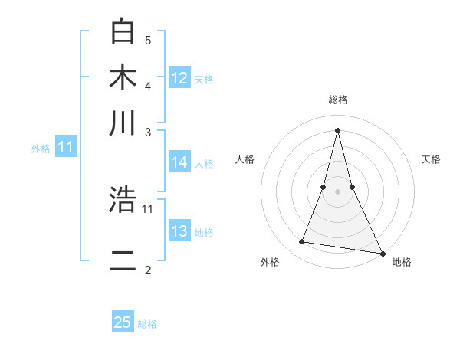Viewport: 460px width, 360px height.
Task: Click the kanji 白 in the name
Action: (x=123, y=33)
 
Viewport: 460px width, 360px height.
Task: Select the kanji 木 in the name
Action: (x=123, y=78)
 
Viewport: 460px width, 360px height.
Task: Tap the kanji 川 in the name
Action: (x=123, y=123)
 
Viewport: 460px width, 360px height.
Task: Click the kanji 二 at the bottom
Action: (x=123, y=261)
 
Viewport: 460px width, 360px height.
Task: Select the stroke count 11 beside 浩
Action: (x=148, y=208)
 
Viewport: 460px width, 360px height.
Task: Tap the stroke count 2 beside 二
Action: (x=148, y=270)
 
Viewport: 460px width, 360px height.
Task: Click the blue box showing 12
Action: (x=179, y=77)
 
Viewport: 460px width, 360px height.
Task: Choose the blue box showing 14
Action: (x=179, y=162)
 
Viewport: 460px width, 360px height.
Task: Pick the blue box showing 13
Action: (x=179, y=231)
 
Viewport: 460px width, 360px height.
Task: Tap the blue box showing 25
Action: (x=123, y=322)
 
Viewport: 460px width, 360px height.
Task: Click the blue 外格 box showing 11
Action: (x=64, y=147)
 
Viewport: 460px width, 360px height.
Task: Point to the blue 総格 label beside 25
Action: (x=147, y=324)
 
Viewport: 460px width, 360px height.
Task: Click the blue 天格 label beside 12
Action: (x=204, y=79)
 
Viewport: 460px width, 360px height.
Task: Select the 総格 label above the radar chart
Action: (x=337, y=100)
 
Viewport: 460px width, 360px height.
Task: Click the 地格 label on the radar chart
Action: (x=402, y=262)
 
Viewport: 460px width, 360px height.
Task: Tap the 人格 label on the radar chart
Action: (x=245, y=159)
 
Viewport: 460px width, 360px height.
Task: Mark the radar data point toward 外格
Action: (x=302, y=242)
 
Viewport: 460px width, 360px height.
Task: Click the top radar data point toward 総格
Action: (x=337, y=129)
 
